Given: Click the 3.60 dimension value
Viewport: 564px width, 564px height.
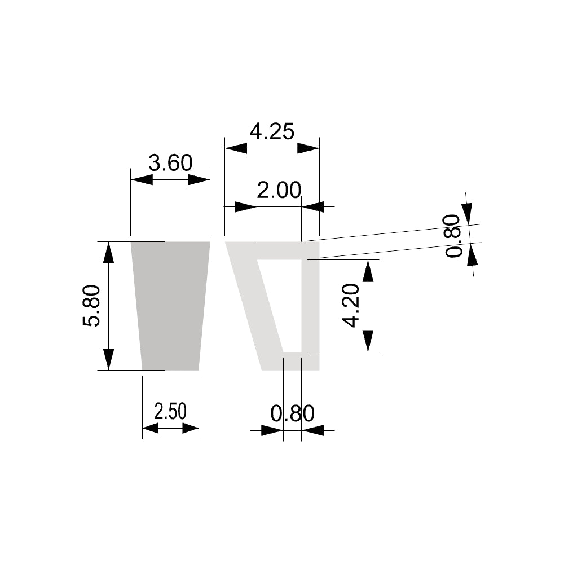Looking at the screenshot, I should tap(170, 164).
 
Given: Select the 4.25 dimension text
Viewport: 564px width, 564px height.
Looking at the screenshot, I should tap(272, 132).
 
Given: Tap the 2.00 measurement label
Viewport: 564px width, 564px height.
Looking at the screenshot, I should tap(279, 191).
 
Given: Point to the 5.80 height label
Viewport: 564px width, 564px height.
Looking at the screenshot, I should tap(92, 306).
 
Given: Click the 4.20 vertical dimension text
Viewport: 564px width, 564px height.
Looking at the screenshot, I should tap(351, 306).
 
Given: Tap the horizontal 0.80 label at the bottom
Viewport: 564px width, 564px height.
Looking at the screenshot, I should tap(292, 414).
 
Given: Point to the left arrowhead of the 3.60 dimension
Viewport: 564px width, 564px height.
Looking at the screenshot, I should tap(142, 179).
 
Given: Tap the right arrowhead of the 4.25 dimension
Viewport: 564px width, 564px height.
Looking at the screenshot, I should tap(308, 148).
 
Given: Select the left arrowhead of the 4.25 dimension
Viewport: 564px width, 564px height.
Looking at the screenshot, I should tap(236, 148).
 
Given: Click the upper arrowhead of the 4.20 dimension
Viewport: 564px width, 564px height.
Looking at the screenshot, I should tap(368, 271).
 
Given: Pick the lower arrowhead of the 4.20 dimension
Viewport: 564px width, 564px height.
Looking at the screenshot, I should tap(368, 341).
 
